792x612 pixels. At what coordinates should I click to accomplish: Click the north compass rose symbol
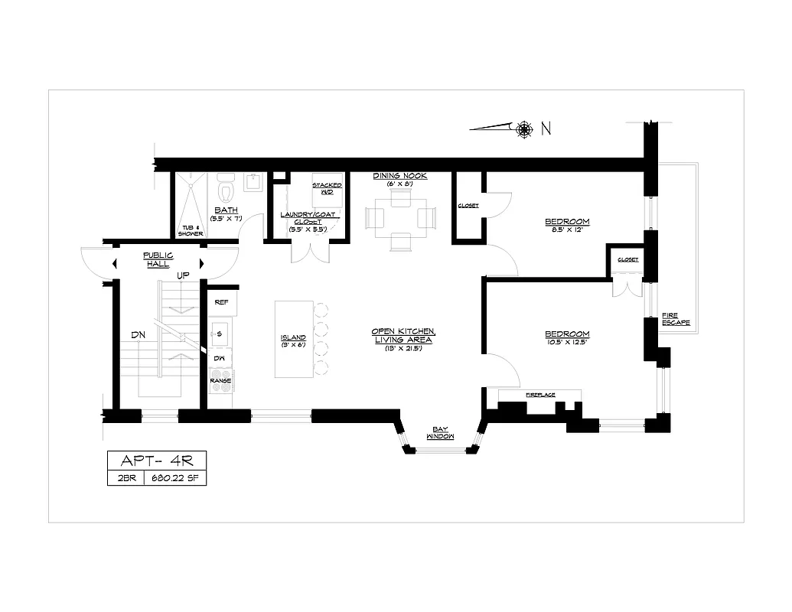click(x=524, y=129)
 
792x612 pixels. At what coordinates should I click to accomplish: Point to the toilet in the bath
click(x=225, y=186)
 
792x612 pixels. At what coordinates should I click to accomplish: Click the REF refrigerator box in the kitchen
click(x=222, y=301)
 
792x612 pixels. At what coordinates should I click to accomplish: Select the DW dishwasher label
click(x=219, y=357)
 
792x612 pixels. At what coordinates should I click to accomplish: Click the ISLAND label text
click(x=293, y=337)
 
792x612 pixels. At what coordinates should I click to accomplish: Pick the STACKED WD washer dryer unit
click(x=327, y=189)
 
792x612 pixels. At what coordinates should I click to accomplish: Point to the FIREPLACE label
click(x=540, y=395)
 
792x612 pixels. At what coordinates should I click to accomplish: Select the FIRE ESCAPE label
click(x=676, y=319)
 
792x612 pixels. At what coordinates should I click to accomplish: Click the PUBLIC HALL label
click(x=158, y=259)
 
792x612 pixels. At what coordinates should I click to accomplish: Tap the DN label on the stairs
click(x=138, y=334)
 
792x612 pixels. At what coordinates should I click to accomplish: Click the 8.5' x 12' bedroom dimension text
click(x=567, y=230)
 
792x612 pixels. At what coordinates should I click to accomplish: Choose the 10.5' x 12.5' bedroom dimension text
click(x=567, y=342)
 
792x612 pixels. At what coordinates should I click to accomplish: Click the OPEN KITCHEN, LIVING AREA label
click(x=403, y=335)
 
